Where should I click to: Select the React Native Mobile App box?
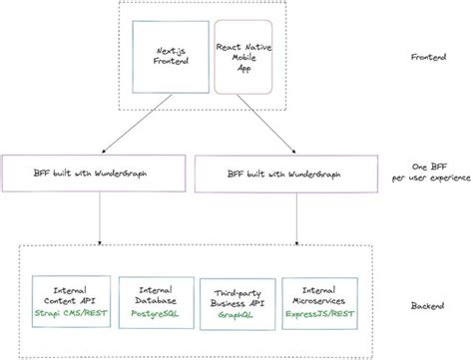click(x=242, y=59)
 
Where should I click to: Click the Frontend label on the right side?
click(x=430, y=58)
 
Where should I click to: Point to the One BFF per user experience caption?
click(x=430, y=173)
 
